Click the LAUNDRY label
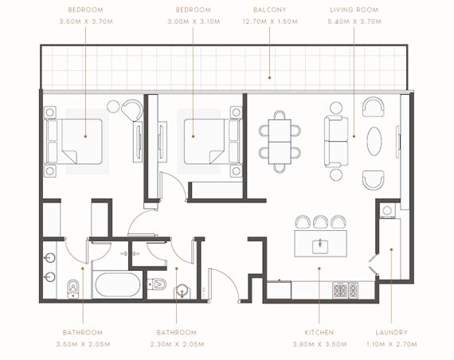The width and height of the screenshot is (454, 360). pyautogui.click(x=392, y=331)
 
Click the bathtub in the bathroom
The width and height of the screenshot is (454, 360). pyautogui.click(x=118, y=284)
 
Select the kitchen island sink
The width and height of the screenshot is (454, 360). pyautogui.click(x=321, y=245)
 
